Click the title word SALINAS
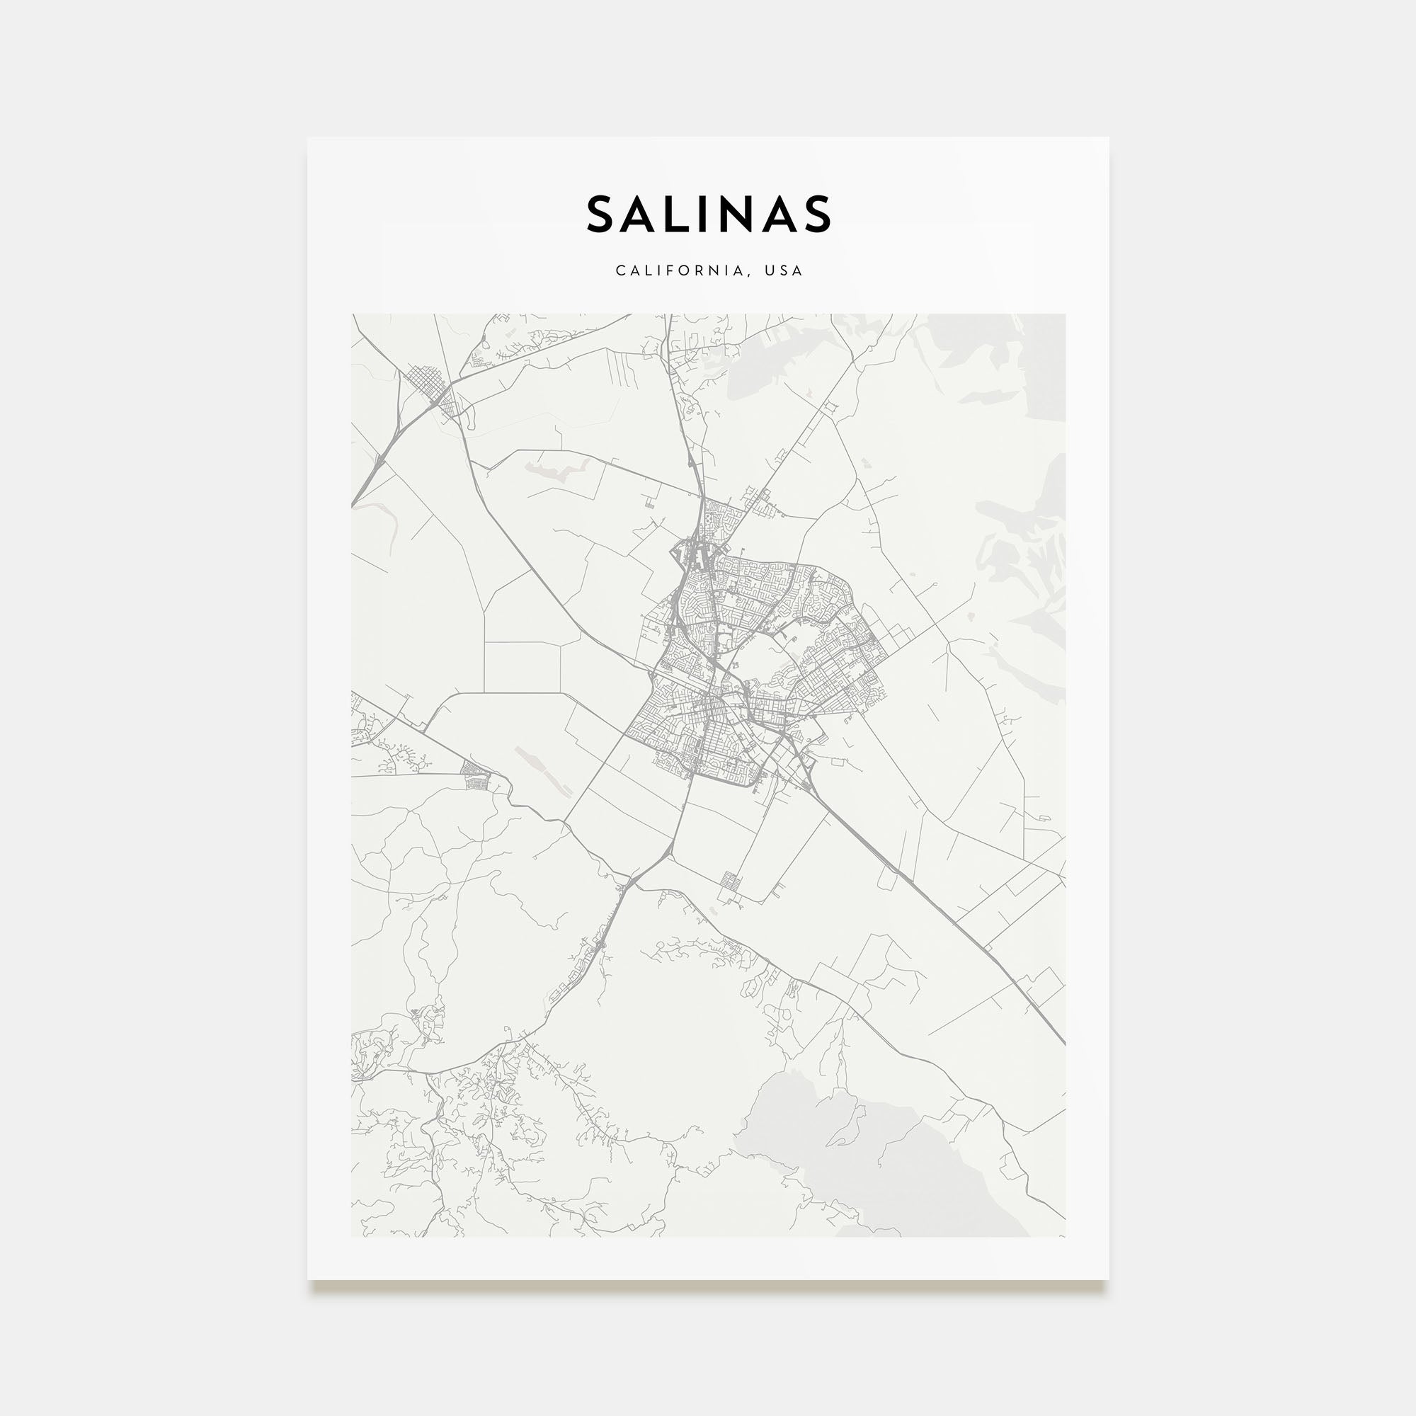pos(708,214)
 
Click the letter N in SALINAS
pos(741,214)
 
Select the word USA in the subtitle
pos(784,270)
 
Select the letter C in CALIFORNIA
pos(620,270)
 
